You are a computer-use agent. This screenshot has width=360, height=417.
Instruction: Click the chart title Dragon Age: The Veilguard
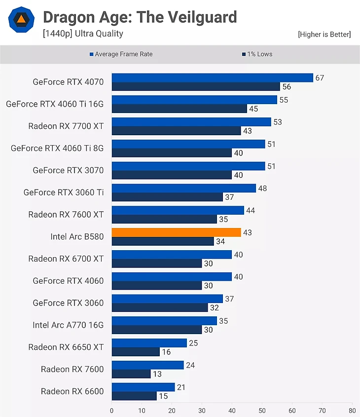(x=140, y=17)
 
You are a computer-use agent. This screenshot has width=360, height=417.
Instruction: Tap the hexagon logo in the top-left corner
(x=21, y=19)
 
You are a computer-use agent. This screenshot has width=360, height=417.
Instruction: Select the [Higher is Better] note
(x=324, y=34)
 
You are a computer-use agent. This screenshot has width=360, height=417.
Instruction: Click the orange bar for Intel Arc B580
(x=176, y=232)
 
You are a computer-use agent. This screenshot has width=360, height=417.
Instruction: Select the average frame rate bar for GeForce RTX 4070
(x=212, y=77)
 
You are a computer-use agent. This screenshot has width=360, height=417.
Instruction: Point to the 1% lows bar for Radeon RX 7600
(x=131, y=374)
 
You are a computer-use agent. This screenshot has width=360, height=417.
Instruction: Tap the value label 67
(x=320, y=77)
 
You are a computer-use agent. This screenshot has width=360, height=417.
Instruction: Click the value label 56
(x=287, y=87)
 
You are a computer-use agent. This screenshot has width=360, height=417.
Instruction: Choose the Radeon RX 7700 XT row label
(x=66, y=126)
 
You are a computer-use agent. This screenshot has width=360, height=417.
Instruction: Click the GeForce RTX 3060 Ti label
(x=64, y=192)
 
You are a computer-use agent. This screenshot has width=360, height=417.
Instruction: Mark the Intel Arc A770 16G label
(x=68, y=325)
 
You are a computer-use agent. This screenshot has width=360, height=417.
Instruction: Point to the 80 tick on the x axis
(x=352, y=410)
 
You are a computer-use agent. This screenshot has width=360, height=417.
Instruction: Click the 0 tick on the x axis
(x=112, y=410)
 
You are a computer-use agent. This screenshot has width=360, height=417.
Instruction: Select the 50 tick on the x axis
(x=262, y=410)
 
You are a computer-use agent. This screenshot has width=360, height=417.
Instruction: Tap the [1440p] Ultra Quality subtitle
(x=83, y=34)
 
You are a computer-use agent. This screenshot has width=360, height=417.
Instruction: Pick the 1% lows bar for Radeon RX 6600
(x=134, y=396)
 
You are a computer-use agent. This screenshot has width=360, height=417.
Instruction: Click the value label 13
(x=157, y=374)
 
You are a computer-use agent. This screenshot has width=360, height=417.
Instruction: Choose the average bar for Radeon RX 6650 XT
(x=149, y=343)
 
